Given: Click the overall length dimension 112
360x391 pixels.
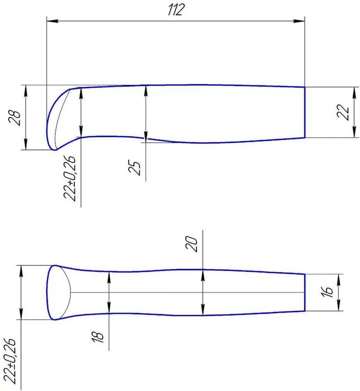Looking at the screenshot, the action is (176, 10).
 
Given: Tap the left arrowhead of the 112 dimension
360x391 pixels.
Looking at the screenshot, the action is (52, 21).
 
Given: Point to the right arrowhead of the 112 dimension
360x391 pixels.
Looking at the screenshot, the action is (299, 21).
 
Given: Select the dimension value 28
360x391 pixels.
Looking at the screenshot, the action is (15, 118).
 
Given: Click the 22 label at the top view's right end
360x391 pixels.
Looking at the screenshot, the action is (343, 112).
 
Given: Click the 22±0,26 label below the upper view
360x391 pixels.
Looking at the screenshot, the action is (70, 178).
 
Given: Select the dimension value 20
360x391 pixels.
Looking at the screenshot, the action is (192, 244).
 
